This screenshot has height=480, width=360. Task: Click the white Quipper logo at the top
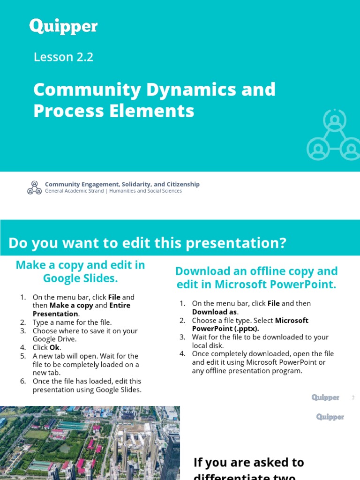63,26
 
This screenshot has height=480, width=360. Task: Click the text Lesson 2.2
63,57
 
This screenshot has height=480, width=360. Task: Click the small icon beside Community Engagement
34,187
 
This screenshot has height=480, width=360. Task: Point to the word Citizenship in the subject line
182,184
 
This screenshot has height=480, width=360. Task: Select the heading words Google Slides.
80,278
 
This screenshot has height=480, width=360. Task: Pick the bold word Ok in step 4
55,347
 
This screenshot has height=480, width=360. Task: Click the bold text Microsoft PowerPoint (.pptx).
250,324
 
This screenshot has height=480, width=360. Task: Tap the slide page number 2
353,398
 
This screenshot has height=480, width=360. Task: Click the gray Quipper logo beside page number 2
325,397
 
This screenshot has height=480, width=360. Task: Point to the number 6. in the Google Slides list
23,381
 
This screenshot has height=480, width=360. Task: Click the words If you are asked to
248,462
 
